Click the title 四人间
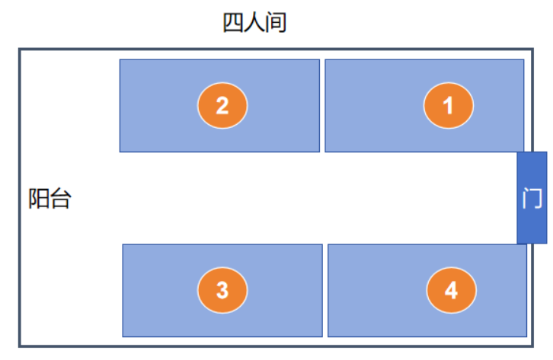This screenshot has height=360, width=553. [254, 23]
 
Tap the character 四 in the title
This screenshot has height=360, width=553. [233, 23]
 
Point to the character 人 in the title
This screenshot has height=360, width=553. [254, 23]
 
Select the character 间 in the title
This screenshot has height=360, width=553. [276, 23]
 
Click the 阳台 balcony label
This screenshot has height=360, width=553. [50, 199]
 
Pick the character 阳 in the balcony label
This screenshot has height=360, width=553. [38, 199]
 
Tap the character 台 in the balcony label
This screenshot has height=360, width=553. [61, 199]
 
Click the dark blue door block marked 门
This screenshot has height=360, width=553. [532, 198]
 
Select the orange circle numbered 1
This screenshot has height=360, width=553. [448, 105]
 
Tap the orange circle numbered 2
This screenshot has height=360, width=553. [222, 105]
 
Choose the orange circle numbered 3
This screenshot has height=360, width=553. [222, 290]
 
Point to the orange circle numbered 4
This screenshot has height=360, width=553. [451, 290]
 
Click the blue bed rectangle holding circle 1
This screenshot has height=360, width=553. [424, 106]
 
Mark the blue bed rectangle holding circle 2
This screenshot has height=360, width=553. [219, 106]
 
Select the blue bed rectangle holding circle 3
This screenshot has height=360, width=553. [222, 291]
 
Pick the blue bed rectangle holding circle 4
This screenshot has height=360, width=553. [427, 291]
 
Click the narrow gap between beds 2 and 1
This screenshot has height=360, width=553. [322, 106]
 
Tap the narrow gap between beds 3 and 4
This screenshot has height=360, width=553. [325, 291]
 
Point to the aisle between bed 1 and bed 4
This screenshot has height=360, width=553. [424, 198]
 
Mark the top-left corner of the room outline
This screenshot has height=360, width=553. [20, 49]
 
